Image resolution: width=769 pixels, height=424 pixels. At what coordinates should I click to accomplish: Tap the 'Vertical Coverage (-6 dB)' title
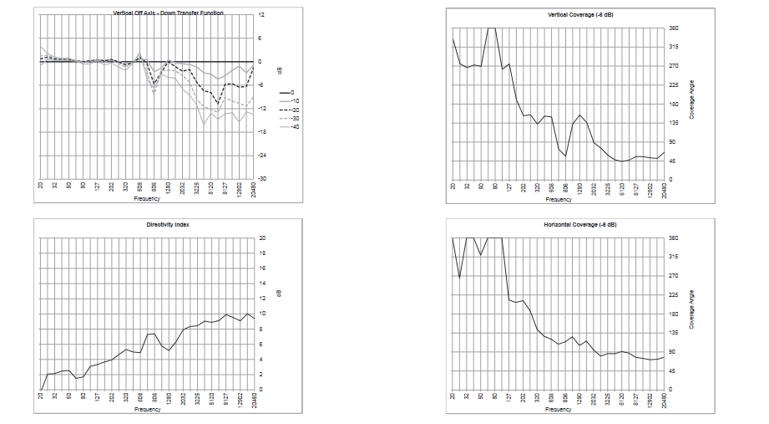559,16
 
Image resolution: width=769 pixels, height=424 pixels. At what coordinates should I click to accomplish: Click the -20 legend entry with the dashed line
292,110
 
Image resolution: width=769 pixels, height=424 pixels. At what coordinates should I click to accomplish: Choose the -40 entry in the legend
292,126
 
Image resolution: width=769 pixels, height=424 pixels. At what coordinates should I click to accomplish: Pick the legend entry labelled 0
292,92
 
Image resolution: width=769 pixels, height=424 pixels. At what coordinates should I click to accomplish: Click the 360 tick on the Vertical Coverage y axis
673,28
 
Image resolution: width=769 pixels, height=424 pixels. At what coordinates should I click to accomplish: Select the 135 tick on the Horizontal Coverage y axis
673,333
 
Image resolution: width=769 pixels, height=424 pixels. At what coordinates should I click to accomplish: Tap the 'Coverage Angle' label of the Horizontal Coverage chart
691,309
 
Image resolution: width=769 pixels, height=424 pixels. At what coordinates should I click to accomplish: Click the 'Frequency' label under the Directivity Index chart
147,410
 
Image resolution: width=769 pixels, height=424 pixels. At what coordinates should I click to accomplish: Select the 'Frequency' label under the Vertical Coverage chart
559,200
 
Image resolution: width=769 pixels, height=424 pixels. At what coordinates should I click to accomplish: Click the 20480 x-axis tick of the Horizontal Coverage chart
665,399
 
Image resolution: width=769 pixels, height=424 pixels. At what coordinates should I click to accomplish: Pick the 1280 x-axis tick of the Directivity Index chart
169,400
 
